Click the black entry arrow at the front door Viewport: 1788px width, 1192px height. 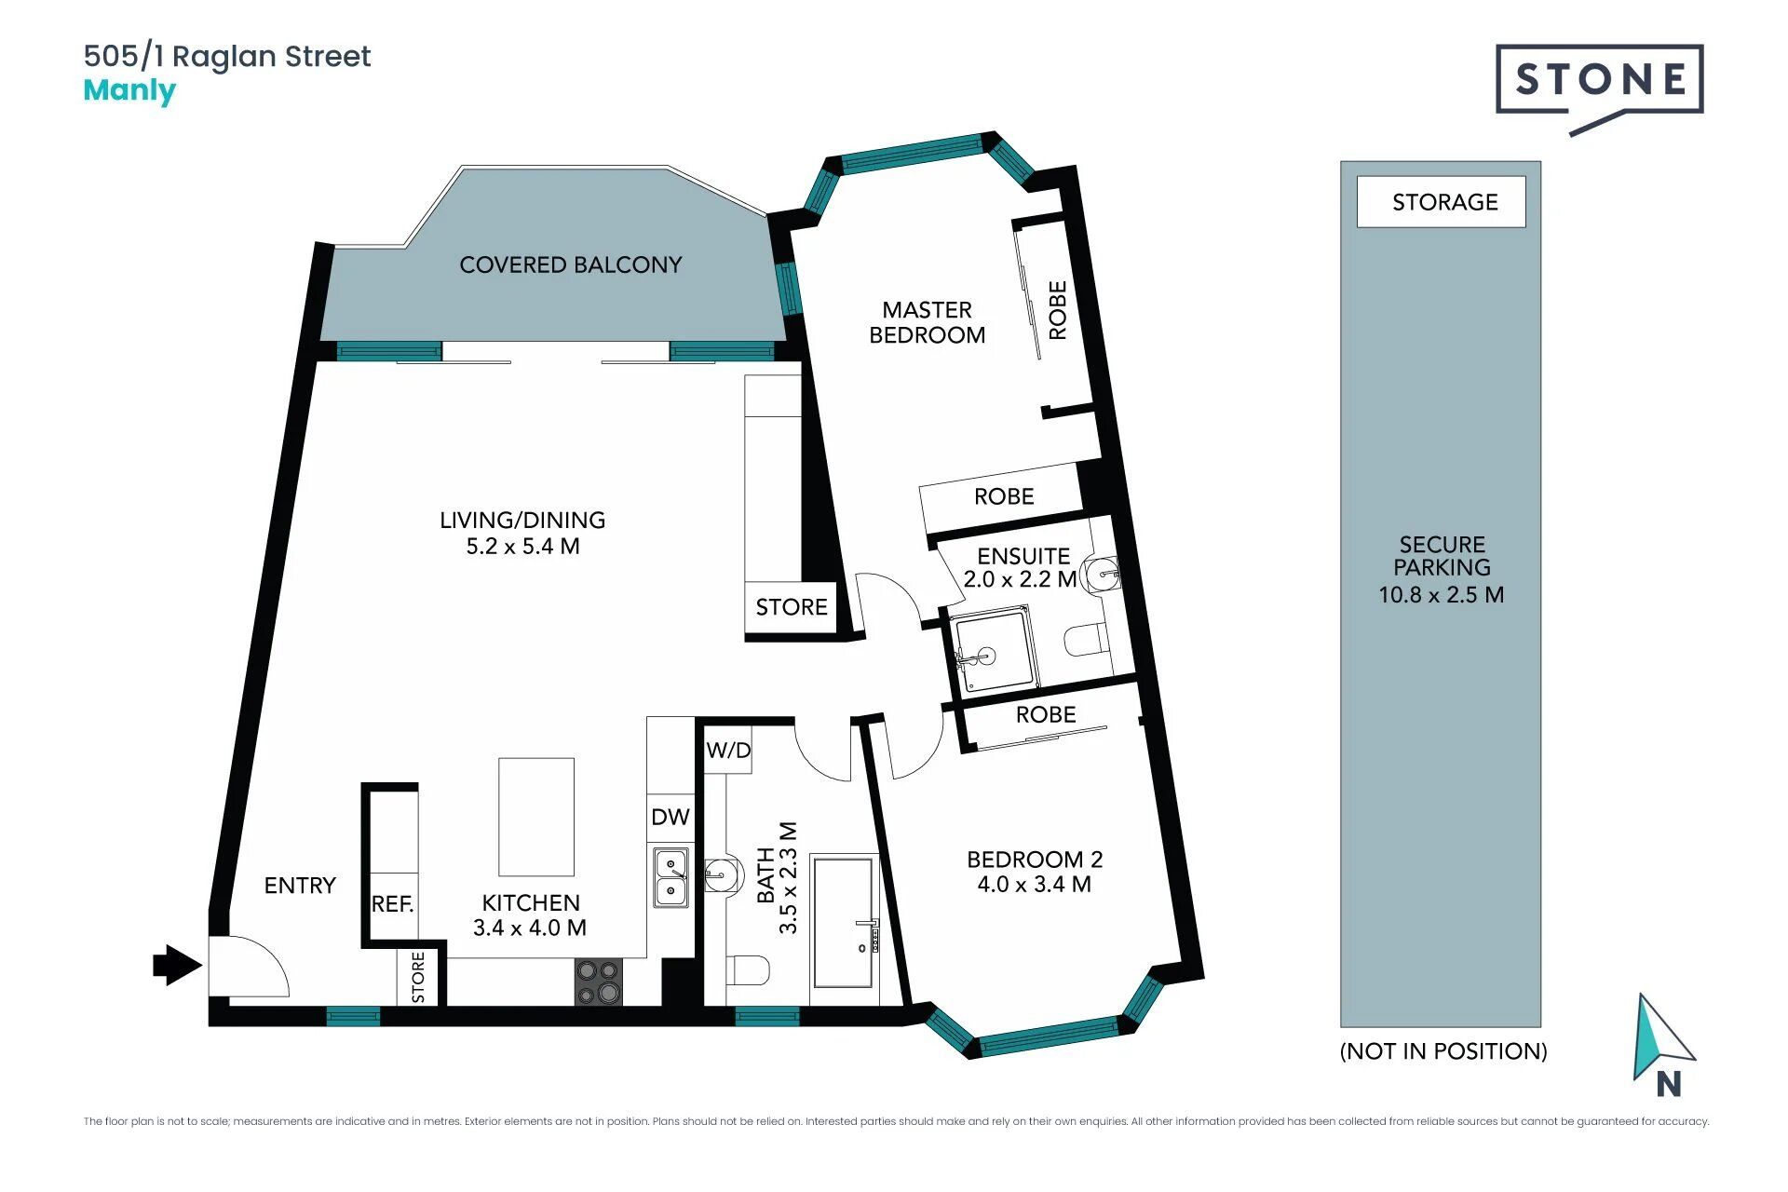pyautogui.click(x=177, y=965)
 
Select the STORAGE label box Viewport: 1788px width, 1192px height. pyautogui.click(x=1442, y=202)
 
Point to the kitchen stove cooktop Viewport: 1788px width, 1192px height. pyautogui.click(x=598, y=982)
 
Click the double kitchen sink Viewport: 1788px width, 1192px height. pyautogui.click(x=670, y=877)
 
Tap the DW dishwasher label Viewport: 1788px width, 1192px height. pyautogui.click(x=670, y=817)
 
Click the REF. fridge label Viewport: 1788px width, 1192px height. pyautogui.click(x=392, y=904)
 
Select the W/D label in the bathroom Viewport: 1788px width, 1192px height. pyautogui.click(x=728, y=751)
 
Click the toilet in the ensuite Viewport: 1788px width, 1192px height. pyautogui.click(x=1087, y=640)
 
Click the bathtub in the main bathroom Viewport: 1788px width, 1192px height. pyautogui.click(x=845, y=922)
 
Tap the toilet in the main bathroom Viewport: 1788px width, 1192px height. pyautogui.click(x=747, y=970)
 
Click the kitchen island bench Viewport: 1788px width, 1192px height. pyautogui.click(x=536, y=817)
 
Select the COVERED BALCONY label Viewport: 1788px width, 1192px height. pyautogui.click(x=571, y=265)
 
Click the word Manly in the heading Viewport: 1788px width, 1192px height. pyautogui.click(x=129, y=91)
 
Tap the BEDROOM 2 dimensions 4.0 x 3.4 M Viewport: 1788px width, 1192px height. pyautogui.click(x=1035, y=885)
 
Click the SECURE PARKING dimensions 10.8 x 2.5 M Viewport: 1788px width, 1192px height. pyautogui.click(x=1442, y=595)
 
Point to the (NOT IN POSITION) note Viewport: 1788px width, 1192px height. pyautogui.click(x=1443, y=1051)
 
